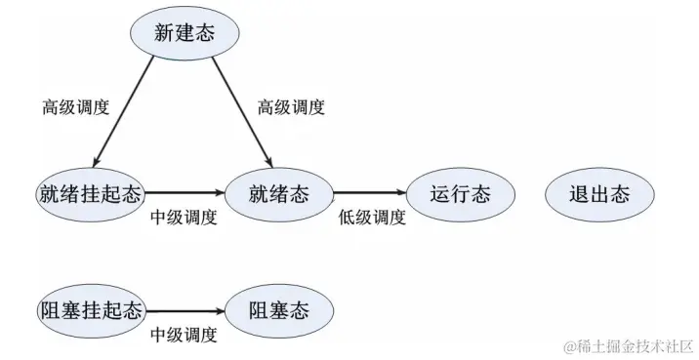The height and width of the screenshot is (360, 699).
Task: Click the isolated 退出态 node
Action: (x=599, y=193)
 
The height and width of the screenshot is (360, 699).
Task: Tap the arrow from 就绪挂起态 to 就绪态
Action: (x=185, y=193)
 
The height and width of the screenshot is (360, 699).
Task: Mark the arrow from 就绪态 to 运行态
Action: (x=369, y=193)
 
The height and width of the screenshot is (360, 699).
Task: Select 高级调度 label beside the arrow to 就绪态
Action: (x=291, y=105)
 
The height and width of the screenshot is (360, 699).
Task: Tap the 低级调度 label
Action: (x=372, y=217)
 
